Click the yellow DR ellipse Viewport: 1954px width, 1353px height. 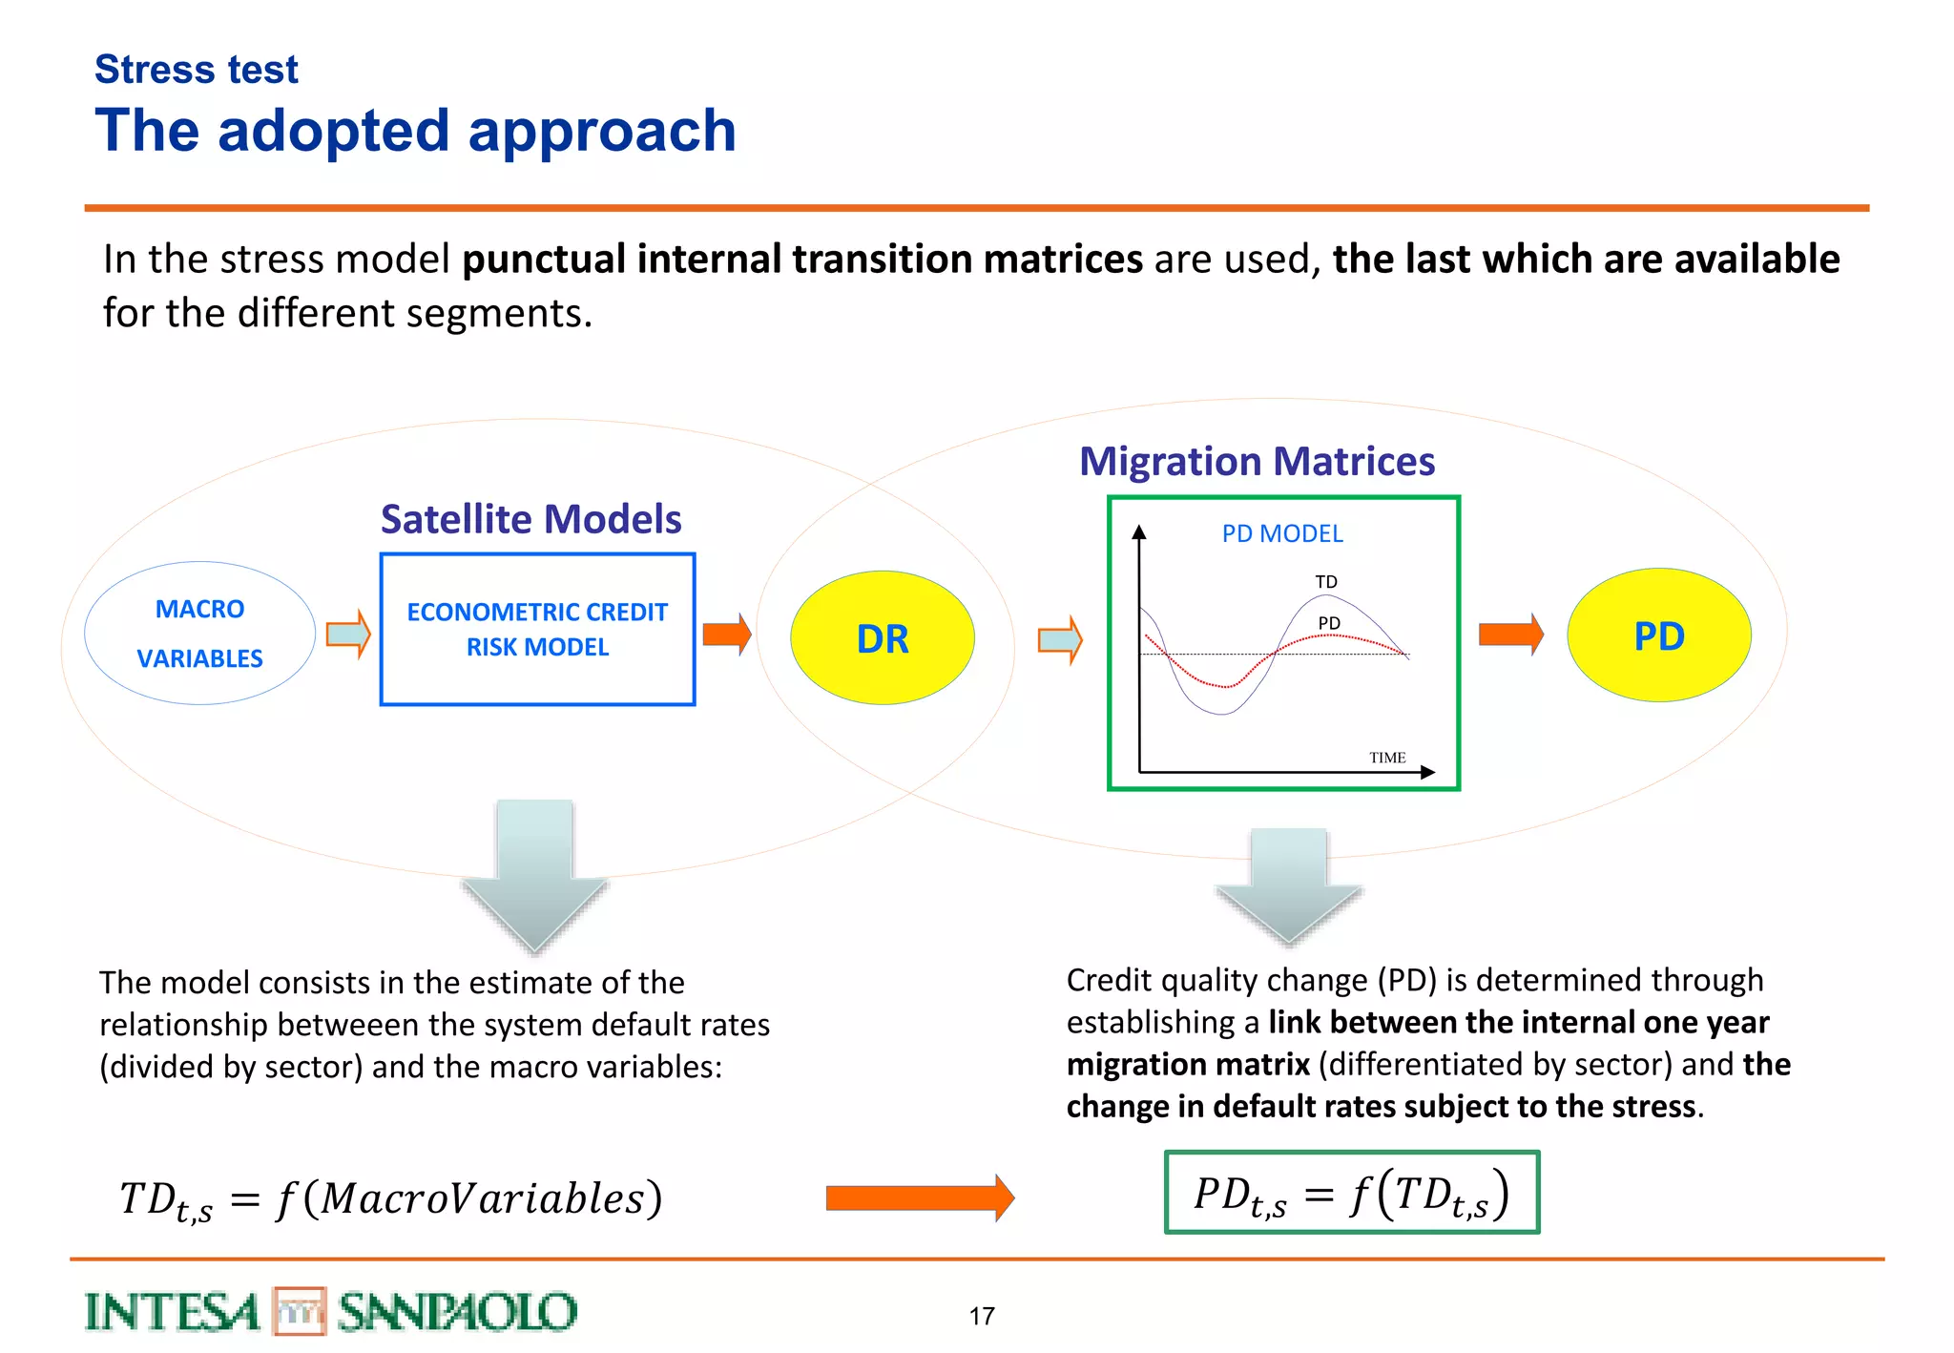coord(882,638)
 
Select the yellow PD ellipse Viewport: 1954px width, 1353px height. coord(1658,635)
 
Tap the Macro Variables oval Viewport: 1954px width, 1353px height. coord(199,634)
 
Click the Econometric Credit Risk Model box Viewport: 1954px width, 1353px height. coord(537,630)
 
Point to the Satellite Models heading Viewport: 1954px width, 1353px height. coord(530,519)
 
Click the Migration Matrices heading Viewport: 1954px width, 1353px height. coord(1257,461)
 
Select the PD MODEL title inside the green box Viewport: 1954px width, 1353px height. coord(1281,533)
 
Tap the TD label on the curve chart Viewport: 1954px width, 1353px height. coord(1325,582)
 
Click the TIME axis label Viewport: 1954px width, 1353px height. coord(1386,758)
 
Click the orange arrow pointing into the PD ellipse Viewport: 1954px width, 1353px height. coord(1510,635)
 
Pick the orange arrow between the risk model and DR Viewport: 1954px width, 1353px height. coord(726,635)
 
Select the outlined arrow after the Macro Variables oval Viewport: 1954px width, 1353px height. coord(347,635)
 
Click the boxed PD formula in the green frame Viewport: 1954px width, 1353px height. coord(1351,1193)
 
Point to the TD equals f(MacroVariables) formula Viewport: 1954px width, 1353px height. coord(390,1199)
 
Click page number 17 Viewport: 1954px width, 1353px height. coord(982,1316)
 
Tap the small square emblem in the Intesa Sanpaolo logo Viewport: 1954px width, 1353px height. coord(300,1311)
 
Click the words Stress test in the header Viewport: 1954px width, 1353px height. coord(197,70)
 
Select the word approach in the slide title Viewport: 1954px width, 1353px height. coord(602,131)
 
